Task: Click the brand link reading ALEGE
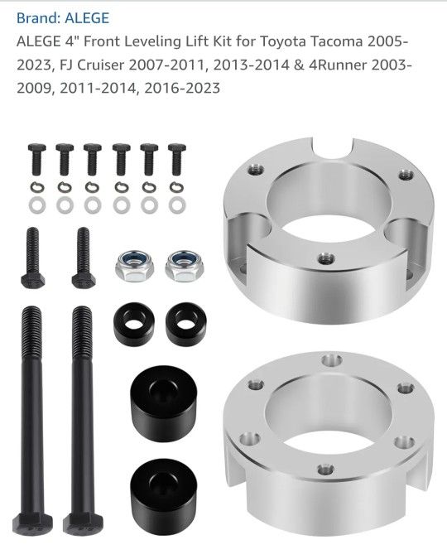tap(87, 18)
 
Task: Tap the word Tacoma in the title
tap(336, 41)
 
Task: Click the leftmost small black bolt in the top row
tap(36, 159)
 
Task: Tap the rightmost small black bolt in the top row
tap(177, 159)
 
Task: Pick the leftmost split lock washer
tap(37, 187)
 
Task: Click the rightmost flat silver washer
tap(177, 205)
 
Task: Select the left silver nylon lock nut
tap(134, 266)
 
